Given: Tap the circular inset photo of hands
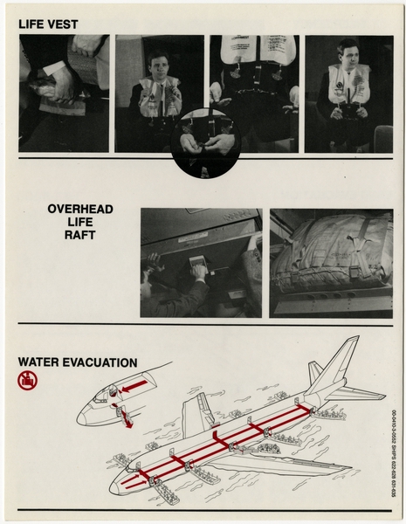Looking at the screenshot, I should (204, 142).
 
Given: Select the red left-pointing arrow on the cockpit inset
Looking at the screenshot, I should (135, 384).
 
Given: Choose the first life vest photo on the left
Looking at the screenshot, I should (64, 93).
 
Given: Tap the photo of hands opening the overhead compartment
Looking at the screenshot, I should (200, 262).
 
